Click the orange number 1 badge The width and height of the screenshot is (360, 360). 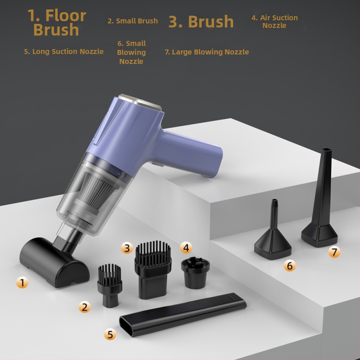22,283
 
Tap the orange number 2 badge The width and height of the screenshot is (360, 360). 84,307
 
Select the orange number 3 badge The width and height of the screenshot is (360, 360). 127,247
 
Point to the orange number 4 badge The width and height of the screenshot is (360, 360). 186,247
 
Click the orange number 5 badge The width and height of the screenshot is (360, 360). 110,334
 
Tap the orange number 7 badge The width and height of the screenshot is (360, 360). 334,252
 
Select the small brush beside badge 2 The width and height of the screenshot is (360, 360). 109,283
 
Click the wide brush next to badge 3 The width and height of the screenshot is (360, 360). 153,268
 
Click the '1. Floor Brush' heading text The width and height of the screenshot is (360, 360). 57,22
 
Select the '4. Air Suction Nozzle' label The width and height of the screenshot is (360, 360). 274,22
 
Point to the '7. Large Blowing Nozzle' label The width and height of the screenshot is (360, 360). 207,52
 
